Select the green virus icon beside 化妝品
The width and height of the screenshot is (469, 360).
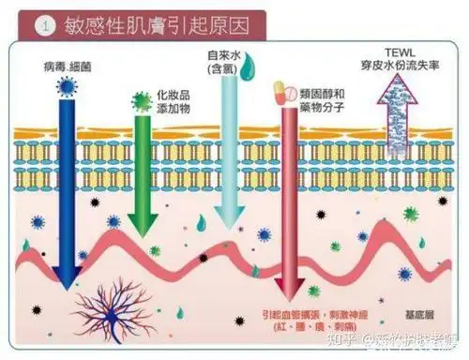(142, 100)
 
